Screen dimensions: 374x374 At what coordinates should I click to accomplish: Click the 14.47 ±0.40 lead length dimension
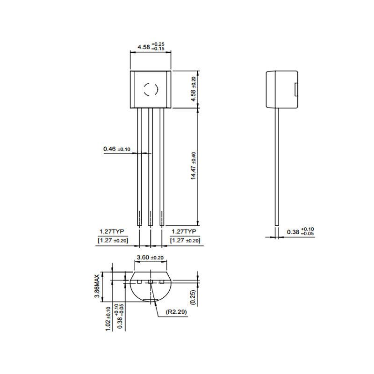(x=193, y=165)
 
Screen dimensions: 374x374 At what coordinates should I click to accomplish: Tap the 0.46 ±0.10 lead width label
(x=117, y=149)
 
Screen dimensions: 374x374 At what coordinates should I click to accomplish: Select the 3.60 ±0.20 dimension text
(x=150, y=258)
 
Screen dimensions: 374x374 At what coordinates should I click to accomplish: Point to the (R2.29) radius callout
(x=176, y=312)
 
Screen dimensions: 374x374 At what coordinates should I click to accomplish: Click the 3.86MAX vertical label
(x=97, y=286)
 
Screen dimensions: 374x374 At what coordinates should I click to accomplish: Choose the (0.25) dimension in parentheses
(x=193, y=297)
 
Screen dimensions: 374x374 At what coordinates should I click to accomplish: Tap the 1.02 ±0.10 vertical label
(x=108, y=319)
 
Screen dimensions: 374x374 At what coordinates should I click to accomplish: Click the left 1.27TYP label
(x=112, y=231)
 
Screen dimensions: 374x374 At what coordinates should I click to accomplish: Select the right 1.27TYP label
(x=184, y=231)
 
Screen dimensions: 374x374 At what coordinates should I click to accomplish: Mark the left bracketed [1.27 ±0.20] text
(x=113, y=240)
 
